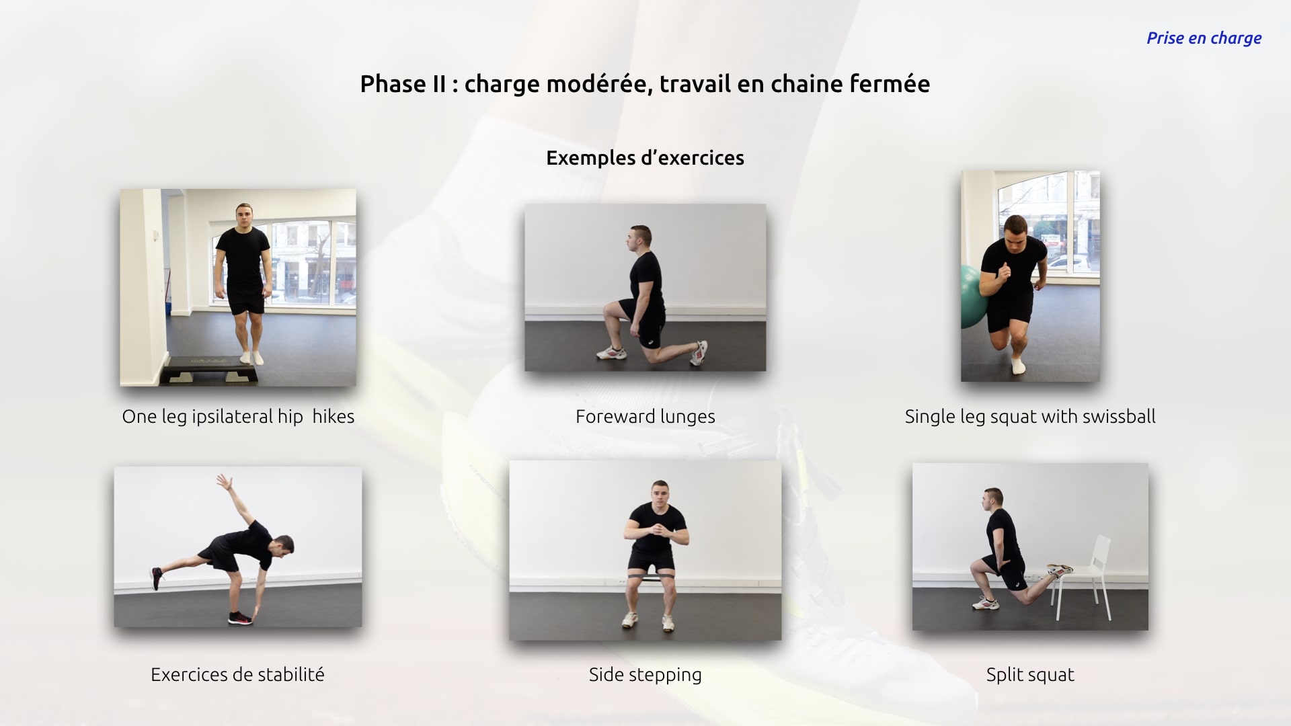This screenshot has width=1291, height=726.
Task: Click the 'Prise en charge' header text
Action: (x=1204, y=38)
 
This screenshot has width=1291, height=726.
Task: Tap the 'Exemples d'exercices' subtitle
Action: (x=645, y=158)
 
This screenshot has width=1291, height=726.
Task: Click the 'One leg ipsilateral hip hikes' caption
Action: (x=238, y=417)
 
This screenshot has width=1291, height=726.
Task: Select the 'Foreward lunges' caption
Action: (x=645, y=417)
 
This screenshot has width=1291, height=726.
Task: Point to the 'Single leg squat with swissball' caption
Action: (x=1030, y=417)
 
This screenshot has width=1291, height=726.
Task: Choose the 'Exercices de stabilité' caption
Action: (x=237, y=674)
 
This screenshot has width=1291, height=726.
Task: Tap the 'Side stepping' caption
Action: (x=645, y=675)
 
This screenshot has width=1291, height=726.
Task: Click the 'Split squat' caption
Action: (x=1030, y=675)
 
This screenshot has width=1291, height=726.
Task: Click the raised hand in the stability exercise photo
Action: (x=225, y=482)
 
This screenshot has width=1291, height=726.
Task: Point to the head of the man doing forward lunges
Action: (x=640, y=239)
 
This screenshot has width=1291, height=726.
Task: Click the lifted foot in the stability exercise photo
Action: (x=156, y=578)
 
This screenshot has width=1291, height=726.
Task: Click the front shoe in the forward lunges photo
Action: (x=612, y=352)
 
